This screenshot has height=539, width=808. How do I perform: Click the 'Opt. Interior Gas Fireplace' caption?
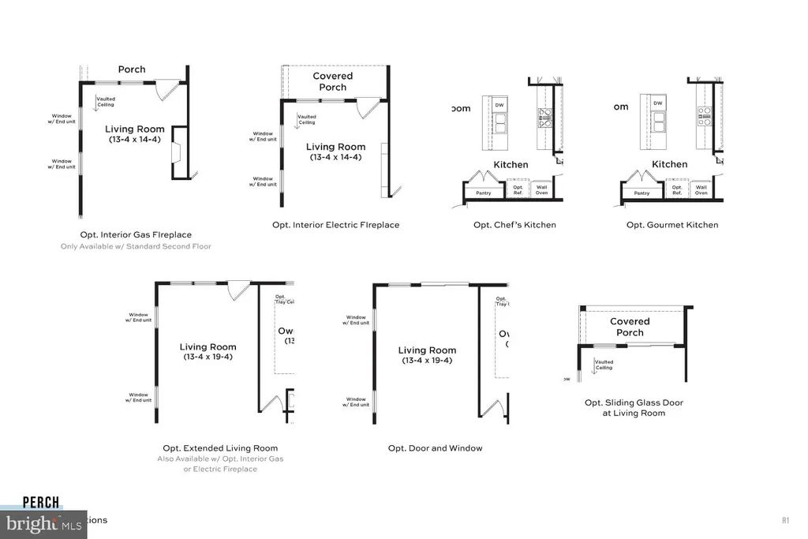point(136,234)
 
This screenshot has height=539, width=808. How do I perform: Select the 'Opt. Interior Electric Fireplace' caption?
point(335,225)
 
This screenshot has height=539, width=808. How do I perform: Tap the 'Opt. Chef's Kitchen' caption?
point(514,225)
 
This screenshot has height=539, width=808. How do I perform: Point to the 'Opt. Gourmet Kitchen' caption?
point(672,225)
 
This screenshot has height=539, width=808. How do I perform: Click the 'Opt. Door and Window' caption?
point(435,448)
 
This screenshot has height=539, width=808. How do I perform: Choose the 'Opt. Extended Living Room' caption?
point(220,448)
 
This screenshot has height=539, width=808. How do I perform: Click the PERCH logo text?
point(41,502)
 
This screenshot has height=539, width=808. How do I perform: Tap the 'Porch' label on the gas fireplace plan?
point(132,69)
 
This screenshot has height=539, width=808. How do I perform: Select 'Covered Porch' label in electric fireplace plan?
point(332,81)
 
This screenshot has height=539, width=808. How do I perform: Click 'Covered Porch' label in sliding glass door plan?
point(630,327)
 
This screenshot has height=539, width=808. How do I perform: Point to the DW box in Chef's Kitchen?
point(499,105)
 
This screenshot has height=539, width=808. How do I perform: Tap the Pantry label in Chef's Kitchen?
point(483,193)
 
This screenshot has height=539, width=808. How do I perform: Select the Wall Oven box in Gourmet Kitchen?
point(701,190)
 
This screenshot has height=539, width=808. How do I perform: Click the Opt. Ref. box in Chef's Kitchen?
point(518,190)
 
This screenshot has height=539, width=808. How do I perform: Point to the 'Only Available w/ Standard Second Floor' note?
point(136,246)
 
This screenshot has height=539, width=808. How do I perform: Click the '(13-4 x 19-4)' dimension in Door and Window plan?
point(427,361)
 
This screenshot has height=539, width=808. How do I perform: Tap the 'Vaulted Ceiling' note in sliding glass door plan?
point(604,365)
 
